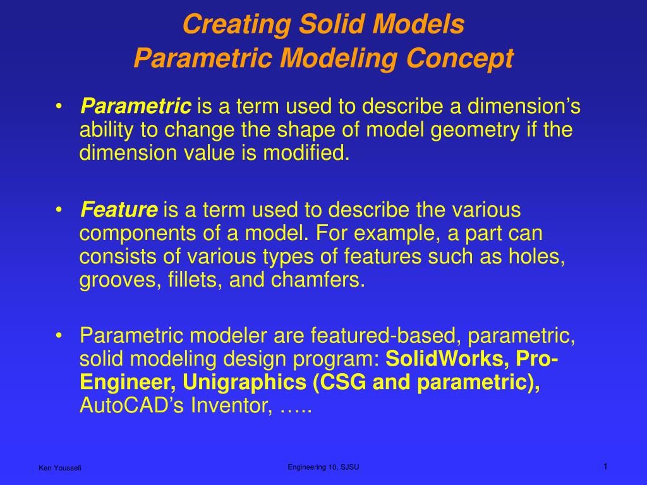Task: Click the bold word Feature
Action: coord(119,209)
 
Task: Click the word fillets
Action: coord(191,280)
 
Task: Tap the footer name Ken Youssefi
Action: coord(60,467)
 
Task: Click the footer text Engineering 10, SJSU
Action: coord(323,467)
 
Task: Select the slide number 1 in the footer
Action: coord(605,466)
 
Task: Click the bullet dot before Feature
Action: coord(59,210)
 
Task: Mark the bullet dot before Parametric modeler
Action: coord(59,335)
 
